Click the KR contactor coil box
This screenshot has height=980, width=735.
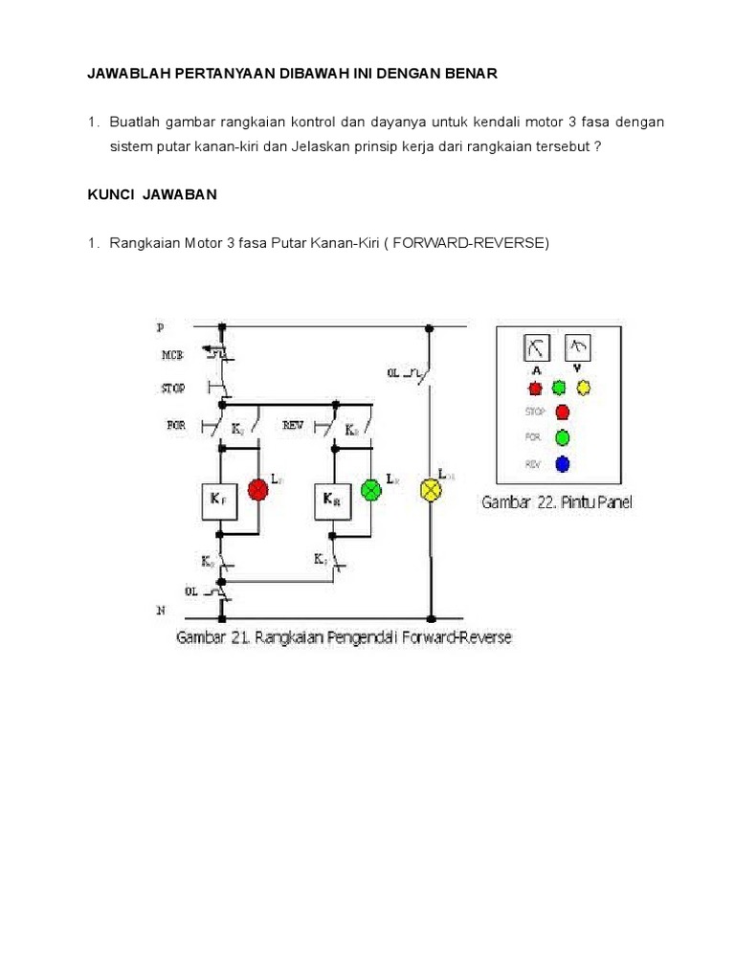[331, 499]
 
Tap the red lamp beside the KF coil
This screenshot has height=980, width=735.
[257, 490]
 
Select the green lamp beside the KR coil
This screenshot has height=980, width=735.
[368, 490]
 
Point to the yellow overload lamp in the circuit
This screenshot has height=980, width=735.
[431, 490]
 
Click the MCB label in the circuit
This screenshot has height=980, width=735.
[172, 355]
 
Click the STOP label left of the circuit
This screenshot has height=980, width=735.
[173, 389]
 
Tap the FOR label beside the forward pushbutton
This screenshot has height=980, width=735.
[176, 424]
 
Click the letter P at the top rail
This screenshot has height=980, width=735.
[160, 326]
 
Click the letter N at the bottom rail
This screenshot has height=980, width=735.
[160, 609]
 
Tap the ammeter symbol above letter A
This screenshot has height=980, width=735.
[536, 345]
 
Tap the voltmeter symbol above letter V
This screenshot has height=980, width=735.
[578, 345]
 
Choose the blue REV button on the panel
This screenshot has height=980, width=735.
[563, 464]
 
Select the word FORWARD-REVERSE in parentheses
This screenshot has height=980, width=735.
[485, 243]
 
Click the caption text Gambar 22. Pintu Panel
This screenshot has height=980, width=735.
[556, 502]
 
